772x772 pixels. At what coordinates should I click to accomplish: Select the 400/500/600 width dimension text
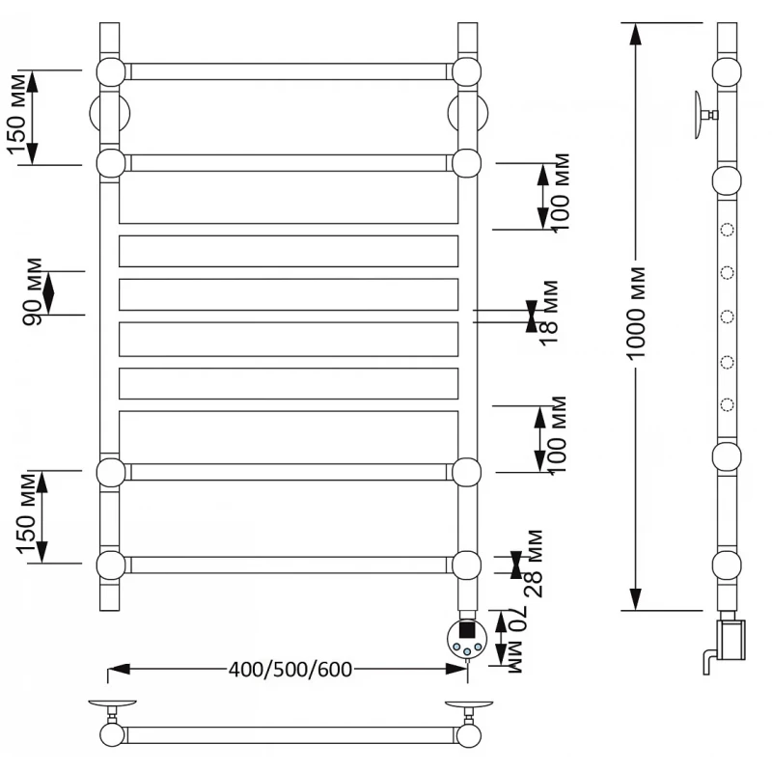click(x=289, y=669)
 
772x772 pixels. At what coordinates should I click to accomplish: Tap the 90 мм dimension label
click(x=32, y=291)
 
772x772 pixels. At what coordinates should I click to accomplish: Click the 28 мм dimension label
click(x=534, y=564)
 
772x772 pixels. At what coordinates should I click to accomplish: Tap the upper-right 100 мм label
click(x=561, y=192)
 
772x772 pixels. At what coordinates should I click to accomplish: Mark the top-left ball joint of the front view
click(x=110, y=71)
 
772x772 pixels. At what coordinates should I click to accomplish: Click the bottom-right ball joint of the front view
click(x=466, y=564)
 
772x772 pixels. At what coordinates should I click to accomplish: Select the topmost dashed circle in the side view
click(x=728, y=231)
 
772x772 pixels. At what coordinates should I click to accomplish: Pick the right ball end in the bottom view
click(x=469, y=735)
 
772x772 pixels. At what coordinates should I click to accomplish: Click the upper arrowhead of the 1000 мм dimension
click(x=634, y=32)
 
